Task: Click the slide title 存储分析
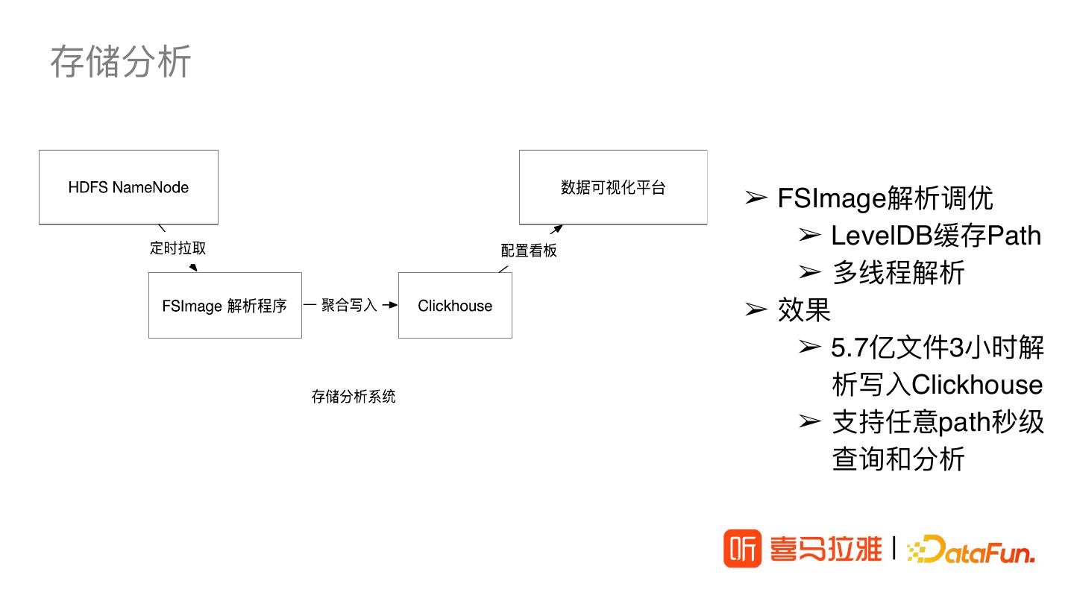pos(121,61)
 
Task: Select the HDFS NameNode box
pos(128,187)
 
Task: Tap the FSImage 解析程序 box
pos(224,306)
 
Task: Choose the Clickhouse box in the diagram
pos(455,306)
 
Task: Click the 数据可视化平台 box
pos(613,187)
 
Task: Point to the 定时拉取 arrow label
pos(178,248)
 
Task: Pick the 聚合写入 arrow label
pos(349,305)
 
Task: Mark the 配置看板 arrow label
pos(529,251)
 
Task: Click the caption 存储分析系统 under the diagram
pos(354,397)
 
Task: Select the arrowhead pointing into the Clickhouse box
pos(393,305)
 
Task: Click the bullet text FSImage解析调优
pos(885,198)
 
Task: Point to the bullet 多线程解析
pos(898,273)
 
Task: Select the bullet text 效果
pos(804,310)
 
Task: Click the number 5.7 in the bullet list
pos(848,347)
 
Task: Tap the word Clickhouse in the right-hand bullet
pos(977,385)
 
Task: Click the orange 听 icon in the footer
pos(742,549)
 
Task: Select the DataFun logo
pos(971,550)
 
